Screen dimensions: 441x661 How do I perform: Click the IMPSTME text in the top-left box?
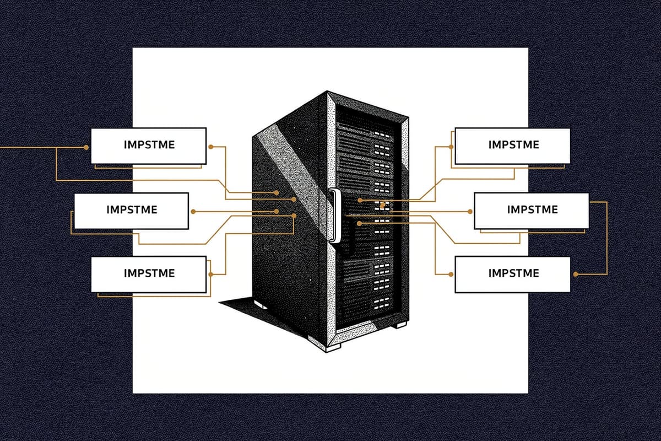coord(148,145)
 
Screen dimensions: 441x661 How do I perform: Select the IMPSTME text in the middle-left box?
coord(132,209)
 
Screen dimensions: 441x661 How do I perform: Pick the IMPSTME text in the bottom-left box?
coord(149,273)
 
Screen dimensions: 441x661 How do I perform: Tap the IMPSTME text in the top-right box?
coord(513,144)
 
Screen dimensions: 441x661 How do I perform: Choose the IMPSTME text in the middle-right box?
coord(532,209)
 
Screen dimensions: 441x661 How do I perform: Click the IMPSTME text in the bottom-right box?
coord(513,273)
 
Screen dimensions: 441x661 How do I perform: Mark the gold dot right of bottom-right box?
coord(576,274)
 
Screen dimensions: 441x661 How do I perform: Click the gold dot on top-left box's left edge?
coord(86,147)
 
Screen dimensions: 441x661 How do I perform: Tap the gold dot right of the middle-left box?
coord(193,211)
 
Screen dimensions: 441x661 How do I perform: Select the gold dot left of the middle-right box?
coord(470,211)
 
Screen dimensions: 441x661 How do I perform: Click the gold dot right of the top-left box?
coord(210,147)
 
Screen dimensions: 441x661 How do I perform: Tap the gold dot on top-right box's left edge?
coord(452,147)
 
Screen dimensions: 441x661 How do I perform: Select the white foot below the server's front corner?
coord(333,347)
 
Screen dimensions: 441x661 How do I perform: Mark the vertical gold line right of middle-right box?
coord(606,237)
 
